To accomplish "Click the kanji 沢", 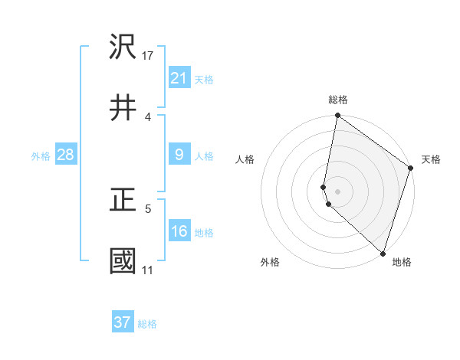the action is click(x=123, y=48).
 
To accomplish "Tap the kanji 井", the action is click(x=123, y=108).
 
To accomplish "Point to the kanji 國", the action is click(x=123, y=261).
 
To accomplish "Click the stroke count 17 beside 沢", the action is click(x=148, y=55).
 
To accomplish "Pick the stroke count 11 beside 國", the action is click(x=147, y=270).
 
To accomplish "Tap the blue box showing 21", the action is click(x=179, y=77).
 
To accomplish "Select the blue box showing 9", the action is click(x=179, y=155).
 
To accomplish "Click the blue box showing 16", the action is click(x=179, y=231).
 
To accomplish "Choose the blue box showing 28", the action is click(x=65, y=155).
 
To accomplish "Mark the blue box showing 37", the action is click(x=122, y=322).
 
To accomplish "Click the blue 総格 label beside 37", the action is click(x=147, y=324).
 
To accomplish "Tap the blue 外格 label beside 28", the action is click(x=41, y=156).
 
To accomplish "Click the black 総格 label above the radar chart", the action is click(x=337, y=100).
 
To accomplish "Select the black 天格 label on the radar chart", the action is click(x=431, y=159).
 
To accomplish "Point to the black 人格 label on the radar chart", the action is click(x=245, y=159).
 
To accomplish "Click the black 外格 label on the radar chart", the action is click(x=270, y=262).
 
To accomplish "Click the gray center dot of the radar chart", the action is click(x=337, y=191).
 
